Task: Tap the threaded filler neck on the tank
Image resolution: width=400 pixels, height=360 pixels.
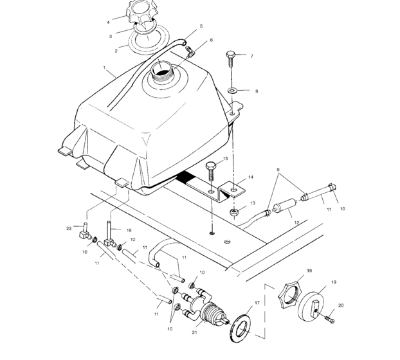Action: pos(160,72)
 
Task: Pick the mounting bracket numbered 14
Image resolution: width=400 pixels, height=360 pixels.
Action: pos(229,192)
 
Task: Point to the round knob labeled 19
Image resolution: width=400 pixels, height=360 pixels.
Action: pos(316,305)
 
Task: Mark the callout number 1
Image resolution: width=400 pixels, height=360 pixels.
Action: pos(104,67)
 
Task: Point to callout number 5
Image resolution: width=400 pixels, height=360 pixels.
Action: pos(201,26)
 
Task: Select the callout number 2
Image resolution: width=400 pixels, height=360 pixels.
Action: pos(116,50)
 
